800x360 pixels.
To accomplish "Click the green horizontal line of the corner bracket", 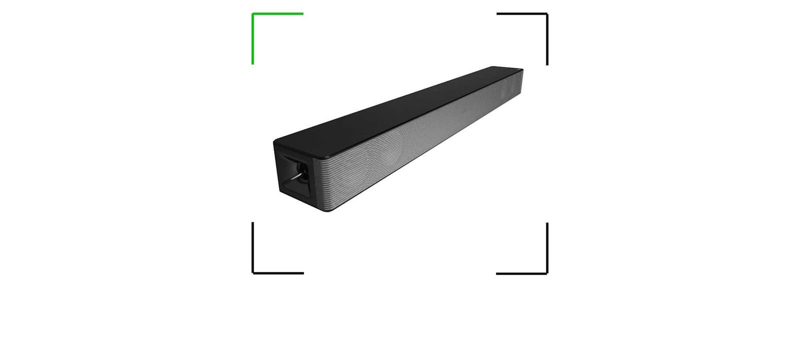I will click(x=278, y=13).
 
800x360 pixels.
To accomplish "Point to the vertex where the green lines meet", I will click(x=252, y=13).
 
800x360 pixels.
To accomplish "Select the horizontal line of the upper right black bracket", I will click(x=522, y=14).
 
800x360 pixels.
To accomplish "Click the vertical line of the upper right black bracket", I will click(x=547, y=39).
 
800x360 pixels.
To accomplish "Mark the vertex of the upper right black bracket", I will click(x=547, y=14).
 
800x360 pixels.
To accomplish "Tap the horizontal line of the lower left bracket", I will click(x=278, y=273).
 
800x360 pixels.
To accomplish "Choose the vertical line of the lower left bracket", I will click(x=252, y=248).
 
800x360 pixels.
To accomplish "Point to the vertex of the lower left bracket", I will click(x=252, y=273).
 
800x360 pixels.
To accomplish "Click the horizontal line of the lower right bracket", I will click(x=522, y=273).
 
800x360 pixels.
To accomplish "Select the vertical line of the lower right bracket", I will click(x=547, y=248).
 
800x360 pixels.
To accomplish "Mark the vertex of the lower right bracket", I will click(x=547, y=273).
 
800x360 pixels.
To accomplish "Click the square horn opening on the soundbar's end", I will click(x=295, y=177).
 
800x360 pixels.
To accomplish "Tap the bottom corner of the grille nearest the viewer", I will click(x=328, y=210).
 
